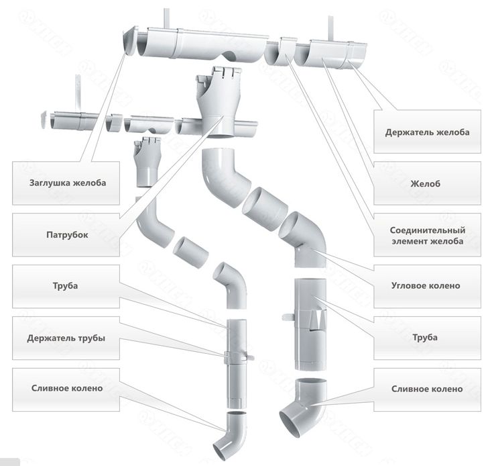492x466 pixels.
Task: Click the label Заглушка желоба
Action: coord(68,181)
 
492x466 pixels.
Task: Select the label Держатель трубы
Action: coord(66,338)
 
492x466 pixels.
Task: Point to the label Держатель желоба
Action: coord(427,132)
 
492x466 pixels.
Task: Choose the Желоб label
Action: coord(427,182)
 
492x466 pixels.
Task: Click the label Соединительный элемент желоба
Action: coord(426,235)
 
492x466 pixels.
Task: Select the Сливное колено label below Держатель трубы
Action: coord(66,389)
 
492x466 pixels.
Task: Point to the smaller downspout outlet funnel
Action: coord(146,161)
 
